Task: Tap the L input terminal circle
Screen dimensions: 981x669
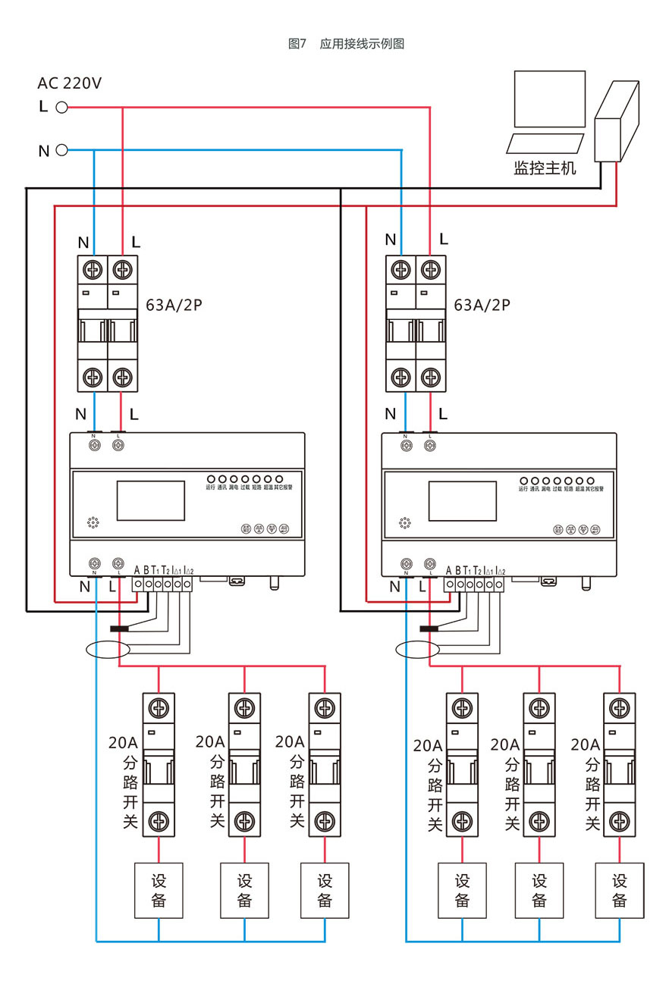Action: (x=62, y=108)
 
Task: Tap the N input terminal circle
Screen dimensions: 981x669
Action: (x=62, y=150)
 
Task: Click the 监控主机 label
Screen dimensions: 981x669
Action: (x=545, y=168)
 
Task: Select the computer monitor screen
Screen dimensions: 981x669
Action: (x=549, y=99)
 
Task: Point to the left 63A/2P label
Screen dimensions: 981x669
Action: (x=174, y=306)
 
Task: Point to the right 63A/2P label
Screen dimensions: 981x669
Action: (x=482, y=306)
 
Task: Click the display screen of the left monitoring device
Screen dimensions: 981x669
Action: (x=150, y=500)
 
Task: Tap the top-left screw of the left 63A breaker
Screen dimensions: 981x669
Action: (x=93, y=269)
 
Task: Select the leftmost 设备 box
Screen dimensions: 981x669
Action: (x=159, y=890)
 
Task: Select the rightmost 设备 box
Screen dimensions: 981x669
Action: (x=620, y=890)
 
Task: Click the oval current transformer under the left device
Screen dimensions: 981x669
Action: (x=107, y=649)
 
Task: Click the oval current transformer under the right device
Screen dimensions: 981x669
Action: (x=418, y=649)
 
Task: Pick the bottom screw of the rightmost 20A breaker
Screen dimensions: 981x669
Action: (x=620, y=820)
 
